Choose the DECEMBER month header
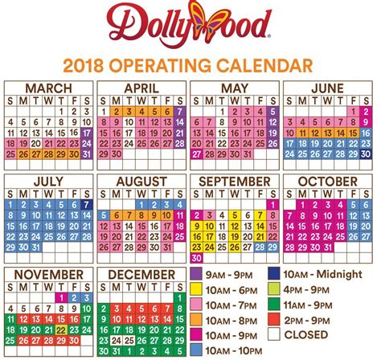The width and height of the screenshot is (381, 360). click(141, 276)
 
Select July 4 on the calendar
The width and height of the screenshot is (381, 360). click(49, 204)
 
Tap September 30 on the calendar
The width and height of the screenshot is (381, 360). click(196, 259)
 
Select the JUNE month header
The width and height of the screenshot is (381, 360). click(326, 87)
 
